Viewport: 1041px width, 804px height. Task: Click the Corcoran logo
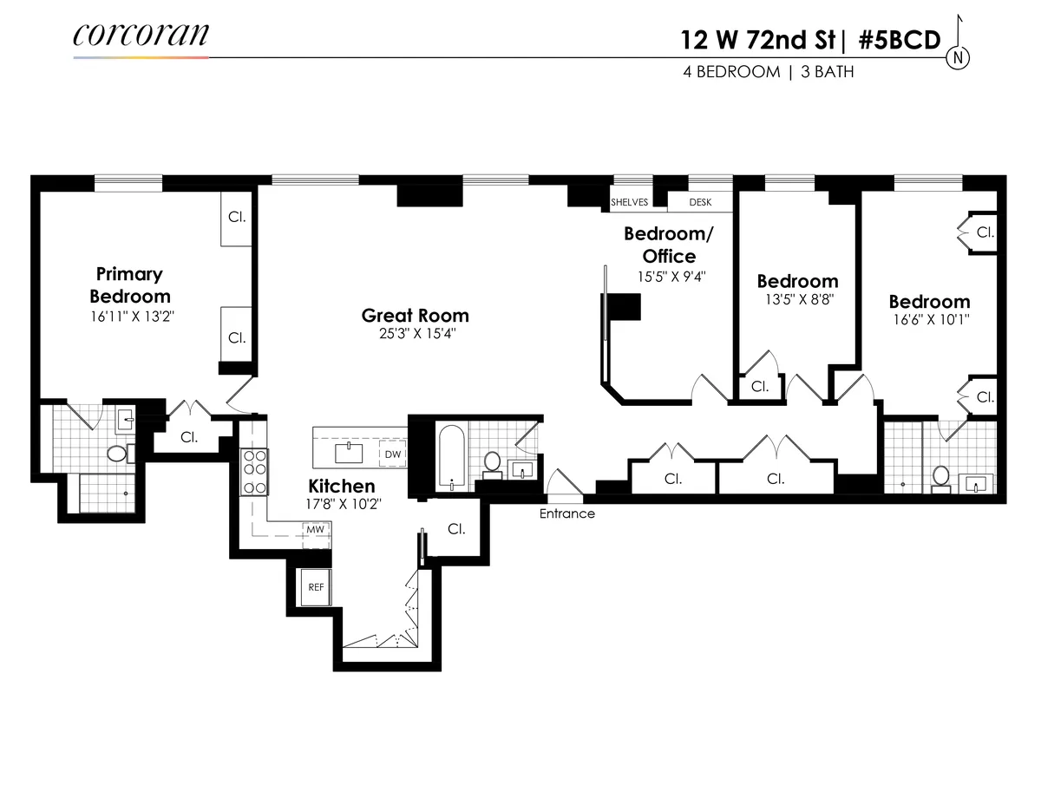pyautogui.click(x=141, y=35)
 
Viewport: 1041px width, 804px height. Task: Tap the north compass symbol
pyautogui.click(x=959, y=58)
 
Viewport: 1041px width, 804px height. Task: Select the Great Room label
pyautogui.click(x=415, y=316)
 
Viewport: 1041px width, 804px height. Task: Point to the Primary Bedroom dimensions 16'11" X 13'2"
pyautogui.click(x=129, y=317)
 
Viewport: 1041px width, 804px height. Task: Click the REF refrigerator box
pyautogui.click(x=316, y=587)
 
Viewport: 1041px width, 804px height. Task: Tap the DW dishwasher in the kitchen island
pyautogui.click(x=393, y=454)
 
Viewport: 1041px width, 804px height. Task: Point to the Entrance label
pyautogui.click(x=567, y=513)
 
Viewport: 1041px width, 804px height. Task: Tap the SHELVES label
pyautogui.click(x=630, y=202)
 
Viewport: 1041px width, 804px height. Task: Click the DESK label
pyautogui.click(x=700, y=202)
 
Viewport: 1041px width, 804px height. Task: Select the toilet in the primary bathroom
pyautogui.click(x=117, y=453)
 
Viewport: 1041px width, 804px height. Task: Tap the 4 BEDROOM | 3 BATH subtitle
pyautogui.click(x=768, y=72)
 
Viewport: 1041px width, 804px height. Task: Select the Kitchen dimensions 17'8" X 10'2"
pyautogui.click(x=342, y=503)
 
